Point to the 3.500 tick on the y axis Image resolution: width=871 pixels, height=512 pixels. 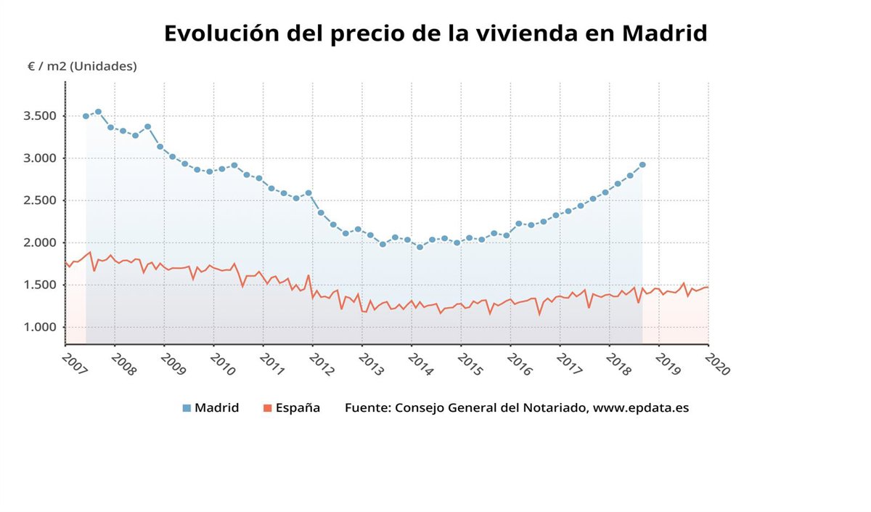pos(40,116)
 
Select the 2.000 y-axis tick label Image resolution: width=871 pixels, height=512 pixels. pos(40,243)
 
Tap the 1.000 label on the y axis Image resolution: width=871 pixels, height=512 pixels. pos(40,328)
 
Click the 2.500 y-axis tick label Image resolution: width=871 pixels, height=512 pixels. pos(40,200)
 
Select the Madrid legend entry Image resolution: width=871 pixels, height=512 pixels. pos(210,408)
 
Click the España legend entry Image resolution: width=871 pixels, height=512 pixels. pos(291,408)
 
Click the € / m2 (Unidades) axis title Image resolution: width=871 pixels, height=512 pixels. pos(82,66)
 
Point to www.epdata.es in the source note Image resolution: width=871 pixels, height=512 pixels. pos(641,408)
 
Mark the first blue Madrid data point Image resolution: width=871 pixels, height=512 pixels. pos(86,116)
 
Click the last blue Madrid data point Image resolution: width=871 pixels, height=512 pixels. pos(642,165)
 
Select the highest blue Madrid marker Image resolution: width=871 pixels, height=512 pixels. pos(98,112)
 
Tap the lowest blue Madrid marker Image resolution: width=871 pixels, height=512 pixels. pos(420,247)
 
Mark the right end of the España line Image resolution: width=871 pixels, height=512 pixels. pos(708,288)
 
